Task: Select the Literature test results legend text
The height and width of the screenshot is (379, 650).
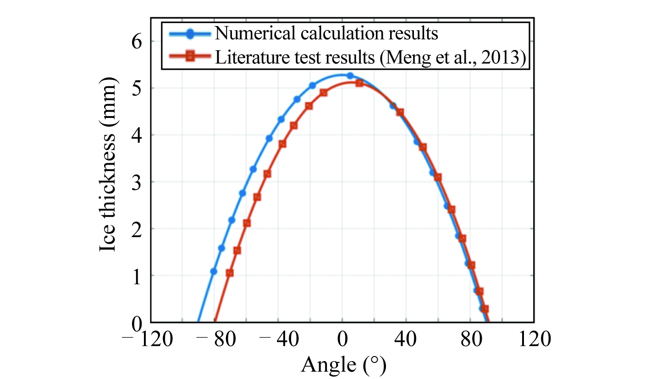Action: (369, 57)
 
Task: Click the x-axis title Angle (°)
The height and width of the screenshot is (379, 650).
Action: (343, 365)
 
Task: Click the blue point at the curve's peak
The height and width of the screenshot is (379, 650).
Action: (350, 76)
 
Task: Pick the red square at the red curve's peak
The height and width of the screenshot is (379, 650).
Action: (359, 83)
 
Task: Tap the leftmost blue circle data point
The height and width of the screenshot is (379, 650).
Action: (213, 271)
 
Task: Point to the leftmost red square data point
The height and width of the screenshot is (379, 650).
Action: (230, 273)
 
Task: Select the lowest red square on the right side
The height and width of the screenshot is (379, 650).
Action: (485, 309)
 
